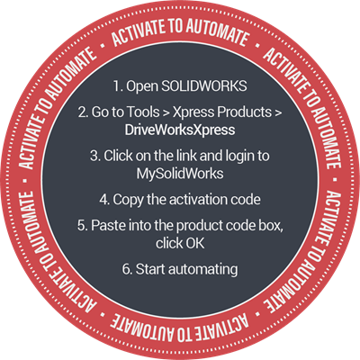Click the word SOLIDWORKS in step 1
click(x=204, y=85)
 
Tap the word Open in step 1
click(x=142, y=87)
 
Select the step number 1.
click(x=117, y=86)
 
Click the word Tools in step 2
click(x=143, y=112)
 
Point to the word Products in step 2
click(x=244, y=112)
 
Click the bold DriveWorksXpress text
click(x=180, y=130)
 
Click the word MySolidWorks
click(x=180, y=175)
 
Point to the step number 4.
click(x=104, y=200)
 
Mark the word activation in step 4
click(x=199, y=200)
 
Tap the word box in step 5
click(x=273, y=226)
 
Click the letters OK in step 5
click(x=195, y=243)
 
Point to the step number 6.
click(x=127, y=269)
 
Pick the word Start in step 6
click(x=150, y=269)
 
